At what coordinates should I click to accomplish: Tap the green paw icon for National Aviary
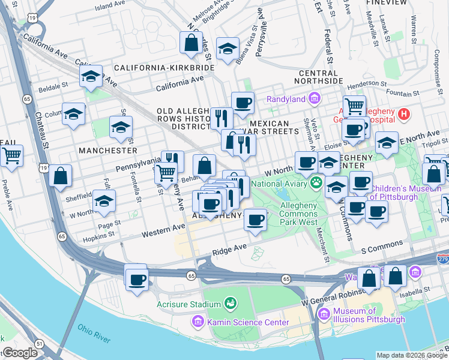click(x=316, y=181)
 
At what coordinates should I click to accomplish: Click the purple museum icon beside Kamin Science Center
click(x=198, y=323)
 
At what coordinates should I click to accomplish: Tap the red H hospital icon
click(x=405, y=112)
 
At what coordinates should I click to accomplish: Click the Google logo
click(x=19, y=353)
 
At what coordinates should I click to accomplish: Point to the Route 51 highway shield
click(x=39, y=343)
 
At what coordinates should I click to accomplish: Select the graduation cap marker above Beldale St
click(x=91, y=77)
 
